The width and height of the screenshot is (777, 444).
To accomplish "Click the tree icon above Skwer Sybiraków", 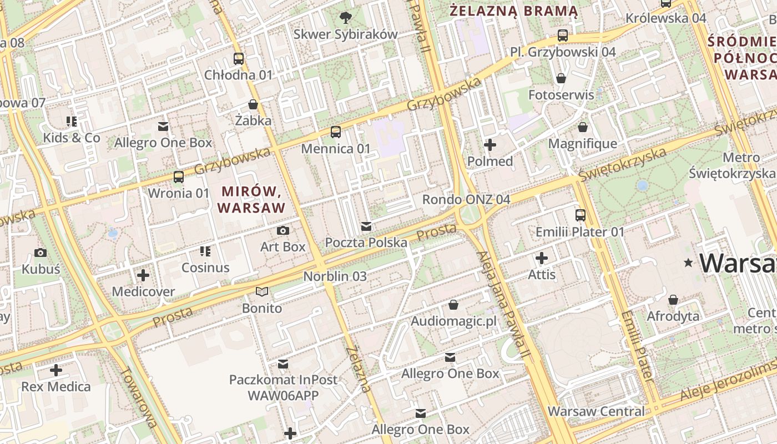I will click(345, 17).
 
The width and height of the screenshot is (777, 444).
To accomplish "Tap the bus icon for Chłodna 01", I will click(239, 58).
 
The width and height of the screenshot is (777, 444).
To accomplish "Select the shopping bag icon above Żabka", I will click(253, 104).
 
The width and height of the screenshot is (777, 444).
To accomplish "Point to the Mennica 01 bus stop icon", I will click(336, 132).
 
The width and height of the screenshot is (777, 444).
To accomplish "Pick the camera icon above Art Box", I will click(283, 230).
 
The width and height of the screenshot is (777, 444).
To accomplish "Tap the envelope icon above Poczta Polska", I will click(366, 226).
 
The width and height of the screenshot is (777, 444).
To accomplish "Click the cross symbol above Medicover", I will click(143, 275).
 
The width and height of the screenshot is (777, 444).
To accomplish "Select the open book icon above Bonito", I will click(262, 291).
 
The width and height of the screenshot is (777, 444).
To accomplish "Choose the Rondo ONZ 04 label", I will click(466, 199).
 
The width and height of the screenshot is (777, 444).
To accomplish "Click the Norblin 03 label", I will click(335, 276).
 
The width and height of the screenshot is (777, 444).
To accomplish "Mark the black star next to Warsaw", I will click(689, 262).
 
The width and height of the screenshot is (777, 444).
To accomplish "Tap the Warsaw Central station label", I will click(596, 411).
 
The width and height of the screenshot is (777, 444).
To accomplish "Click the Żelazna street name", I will click(359, 369).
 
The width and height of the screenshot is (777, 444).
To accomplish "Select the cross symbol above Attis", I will click(542, 258).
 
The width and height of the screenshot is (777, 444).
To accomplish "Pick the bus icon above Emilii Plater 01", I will click(580, 215).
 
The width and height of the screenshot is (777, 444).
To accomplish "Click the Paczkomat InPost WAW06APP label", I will click(283, 387).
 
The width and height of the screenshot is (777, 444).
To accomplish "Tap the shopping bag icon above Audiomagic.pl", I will click(453, 305).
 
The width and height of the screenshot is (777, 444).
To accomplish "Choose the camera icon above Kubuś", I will click(41, 253).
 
